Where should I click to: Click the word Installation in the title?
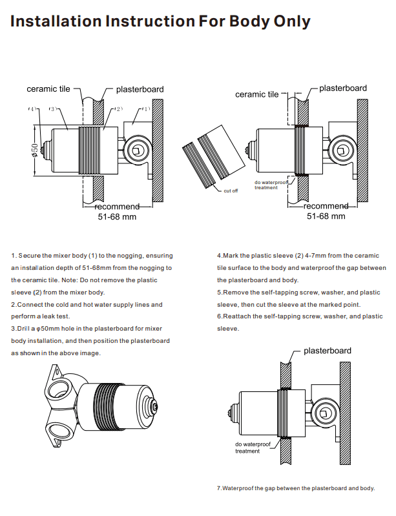pos(55,21)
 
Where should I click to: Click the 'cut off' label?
pos(231,191)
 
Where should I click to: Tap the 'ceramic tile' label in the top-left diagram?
pos(48,88)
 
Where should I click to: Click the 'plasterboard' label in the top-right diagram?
pos(343,88)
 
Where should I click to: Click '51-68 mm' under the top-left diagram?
pos(117,217)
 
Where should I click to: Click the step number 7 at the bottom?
pos(219,488)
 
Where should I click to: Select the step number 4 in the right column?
pos(218,256)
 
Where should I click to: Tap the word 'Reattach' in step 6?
pos(235,316)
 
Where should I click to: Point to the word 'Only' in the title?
pos(287,21)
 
